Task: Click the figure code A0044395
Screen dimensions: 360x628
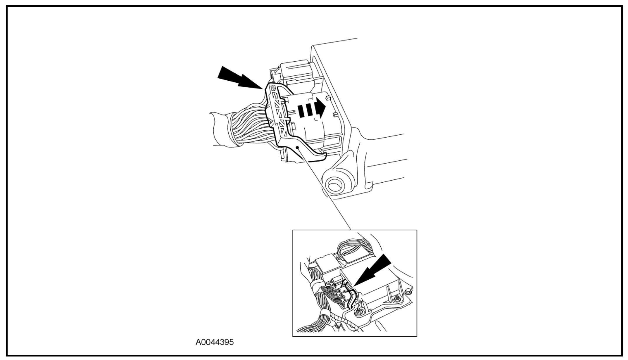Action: coord(215,342)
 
